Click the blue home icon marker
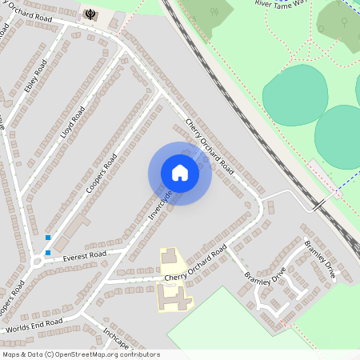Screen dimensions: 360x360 point(180,173)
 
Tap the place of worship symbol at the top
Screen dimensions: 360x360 point(89,14)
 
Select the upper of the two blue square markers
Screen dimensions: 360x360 point(48,238)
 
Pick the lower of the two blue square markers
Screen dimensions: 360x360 point(48,253)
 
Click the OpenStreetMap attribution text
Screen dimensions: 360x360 point(80,354)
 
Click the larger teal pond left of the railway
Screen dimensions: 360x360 point(294,95)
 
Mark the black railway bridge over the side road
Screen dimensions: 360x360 point(319,206)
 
